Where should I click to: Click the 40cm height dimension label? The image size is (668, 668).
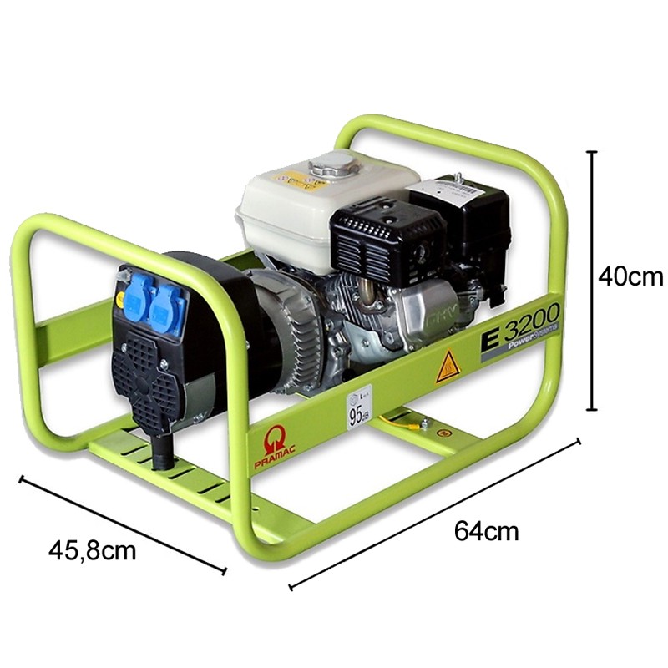pyautogui.click(x=630, y=276)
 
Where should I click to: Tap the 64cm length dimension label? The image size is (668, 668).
pyautogui.click(x=486, y=530)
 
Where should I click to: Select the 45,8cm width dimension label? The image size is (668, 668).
pyautogui.click(x=92, y=549)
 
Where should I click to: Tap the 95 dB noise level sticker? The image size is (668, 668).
pyautogui.click(x=359, y=407)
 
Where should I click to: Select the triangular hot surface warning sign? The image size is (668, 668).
pyautogui.click(x=447, y=366)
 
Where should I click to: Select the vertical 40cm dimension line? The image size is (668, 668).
pyautogui.click(x=592, y=281)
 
